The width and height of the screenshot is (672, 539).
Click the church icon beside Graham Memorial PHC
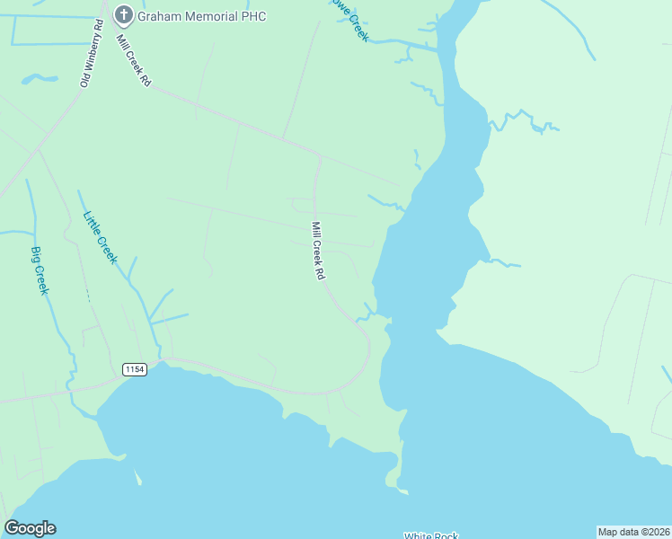(123, 15)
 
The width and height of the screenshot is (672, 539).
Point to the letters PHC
(254, 16)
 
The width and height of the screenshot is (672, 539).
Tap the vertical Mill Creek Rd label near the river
(317, 251)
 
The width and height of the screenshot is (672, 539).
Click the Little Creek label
(100, 236)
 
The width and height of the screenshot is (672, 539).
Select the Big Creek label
(40, 270)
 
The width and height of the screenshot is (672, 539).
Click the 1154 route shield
(135, 369)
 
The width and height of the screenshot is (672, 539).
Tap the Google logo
(30, 528)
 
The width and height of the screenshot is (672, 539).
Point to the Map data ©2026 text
(634, 532)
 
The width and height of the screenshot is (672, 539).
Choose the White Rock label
(431, 535)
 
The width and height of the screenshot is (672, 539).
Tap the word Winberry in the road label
(93, 46)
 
